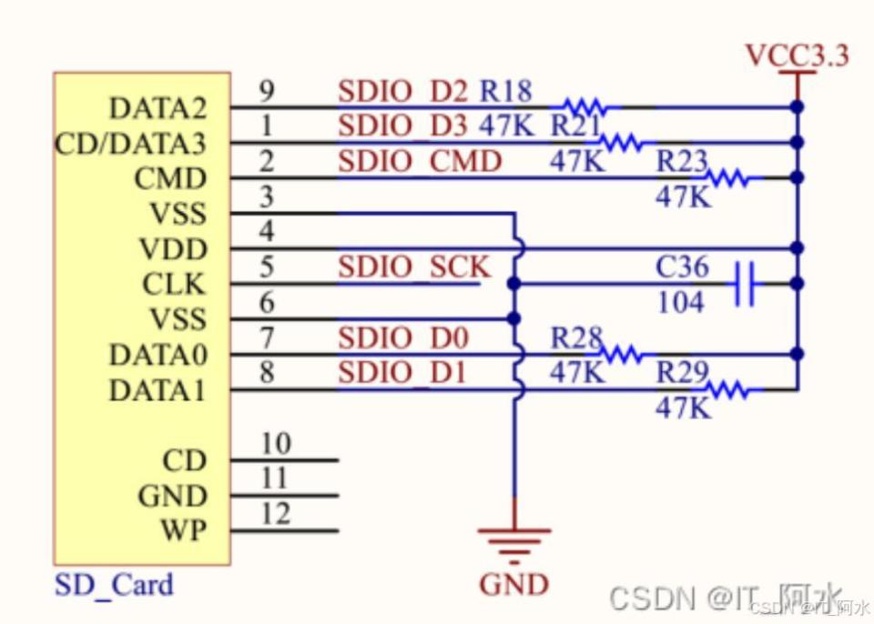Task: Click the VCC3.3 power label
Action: click(x=797, y=55)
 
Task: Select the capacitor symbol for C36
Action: click(x=745, y=284)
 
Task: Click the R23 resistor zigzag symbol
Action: click(x=728, y=178)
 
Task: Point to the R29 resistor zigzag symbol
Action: click(x=728, y=390)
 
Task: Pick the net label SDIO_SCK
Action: click(x=414, y=267)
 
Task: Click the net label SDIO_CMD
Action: click(x=420, y=162)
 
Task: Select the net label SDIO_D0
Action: click(x=403, y=339)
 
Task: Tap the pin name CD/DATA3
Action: click(x=130, y=144)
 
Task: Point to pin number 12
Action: click(x=275, y=515)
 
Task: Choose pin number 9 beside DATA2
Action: click(x=267, y=91)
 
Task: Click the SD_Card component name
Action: click(x=114, y=584)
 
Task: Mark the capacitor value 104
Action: click(x=680, y=302)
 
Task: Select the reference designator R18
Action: click(x=506, y=91)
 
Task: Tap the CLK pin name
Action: click(x=174, y=285)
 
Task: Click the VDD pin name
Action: click(x=173, y=249)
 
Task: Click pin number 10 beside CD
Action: click(x=275, y=444)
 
